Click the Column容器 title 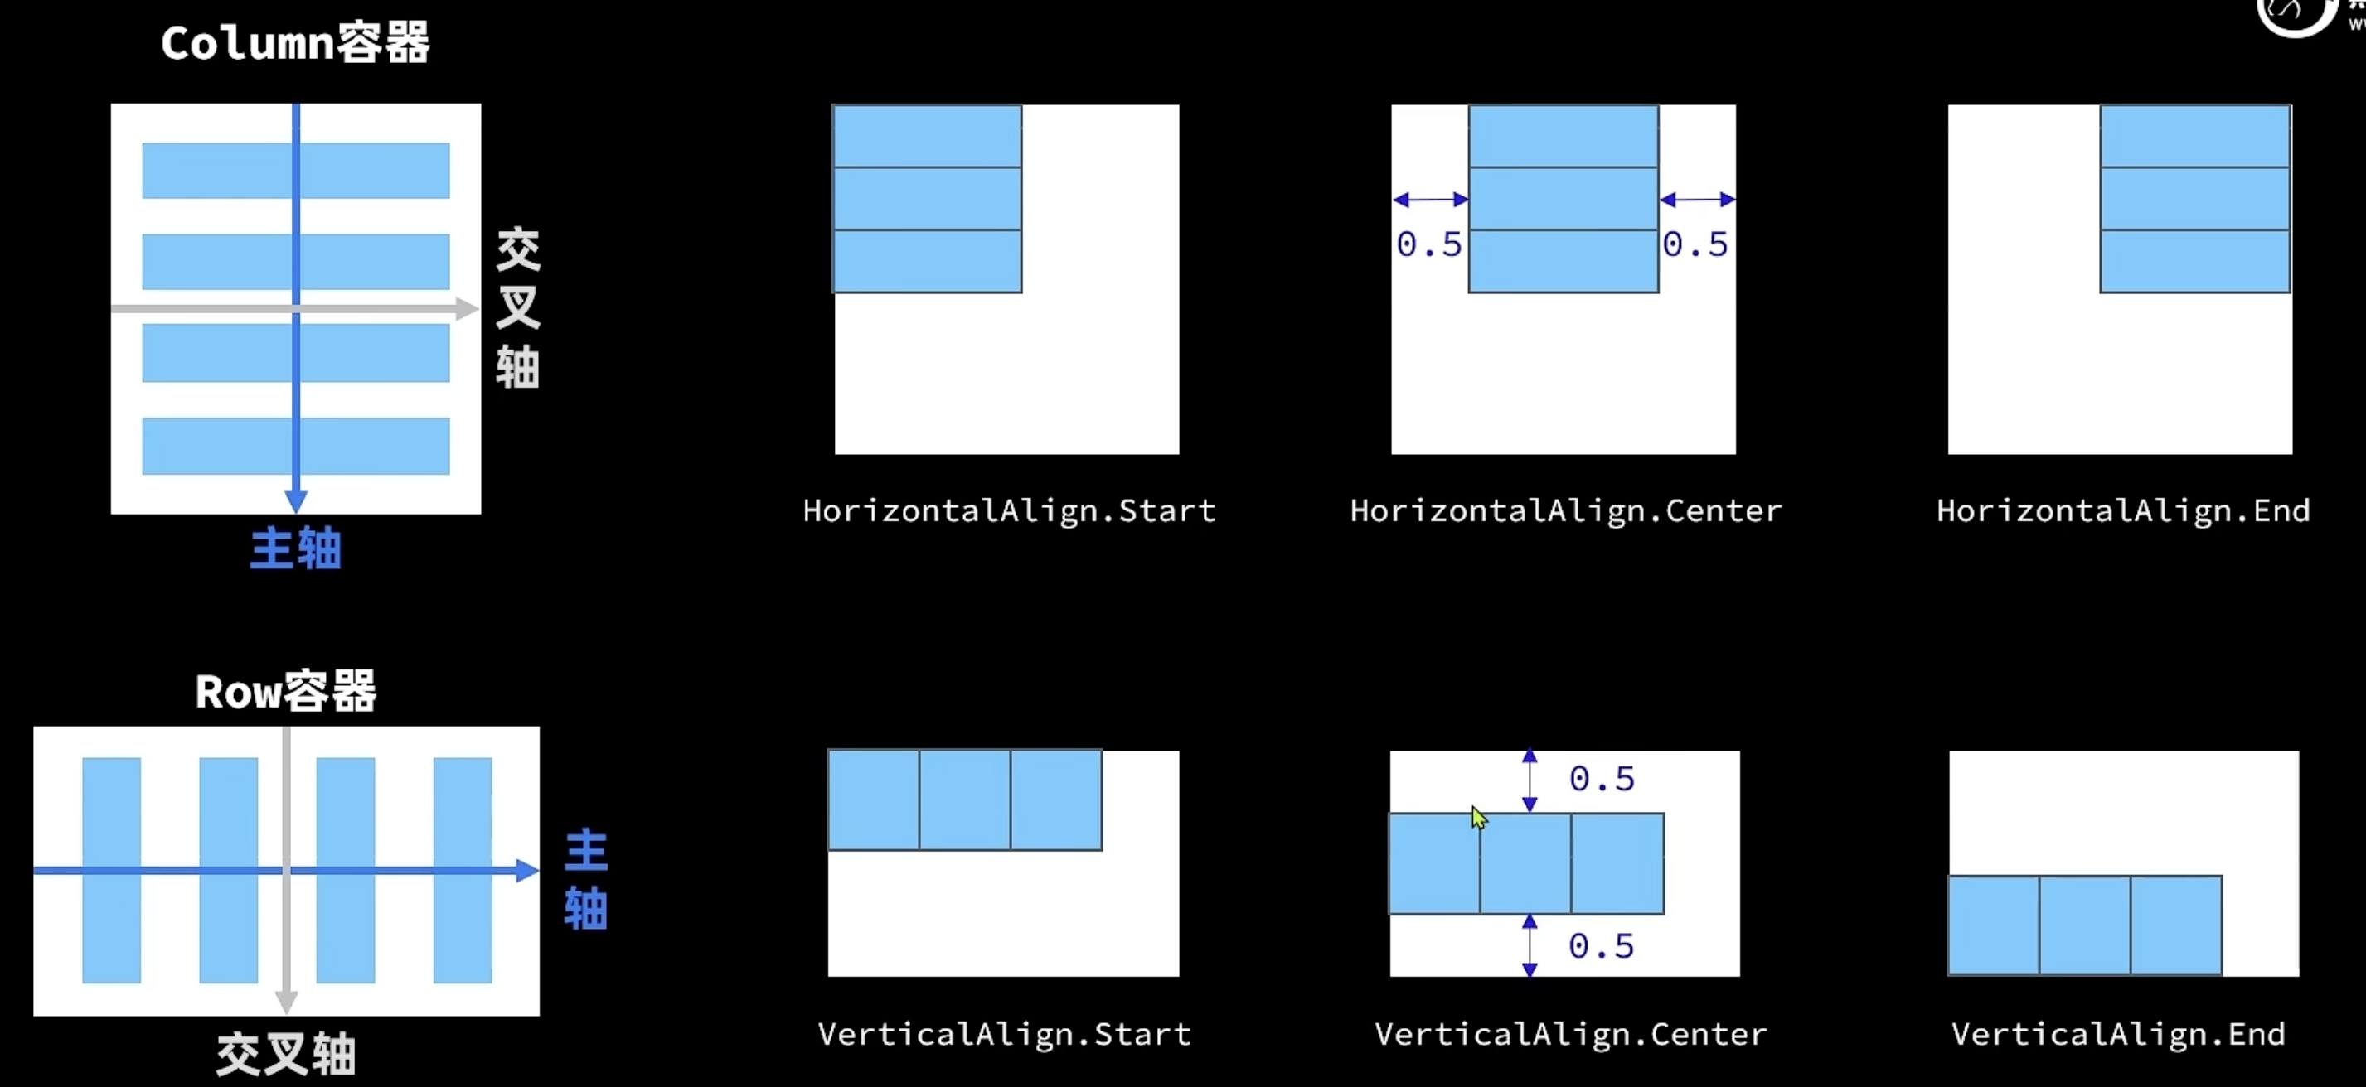(295, 43)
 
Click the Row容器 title (286, 691)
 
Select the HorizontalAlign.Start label (1008, 510)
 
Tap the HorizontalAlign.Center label (1565, 510)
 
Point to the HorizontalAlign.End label (2122, 510)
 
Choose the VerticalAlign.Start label (1004, 1035)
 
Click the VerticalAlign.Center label (1571, 1035)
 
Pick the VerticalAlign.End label (2118, 1035)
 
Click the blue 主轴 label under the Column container (296, 549)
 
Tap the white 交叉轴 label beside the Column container (518, 307)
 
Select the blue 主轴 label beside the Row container (586, 880)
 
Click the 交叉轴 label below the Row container (286, 1054)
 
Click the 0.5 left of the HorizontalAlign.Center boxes (1429, 244)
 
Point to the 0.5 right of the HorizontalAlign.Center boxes (1695, 244)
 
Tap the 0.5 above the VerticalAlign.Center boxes (1602, 780)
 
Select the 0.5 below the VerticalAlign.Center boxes (1602, 946)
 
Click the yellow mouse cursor (1478, 818)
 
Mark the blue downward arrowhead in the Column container (296, 500)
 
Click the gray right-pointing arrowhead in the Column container (467, 309)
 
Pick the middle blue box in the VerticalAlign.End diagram (2085, 925)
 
